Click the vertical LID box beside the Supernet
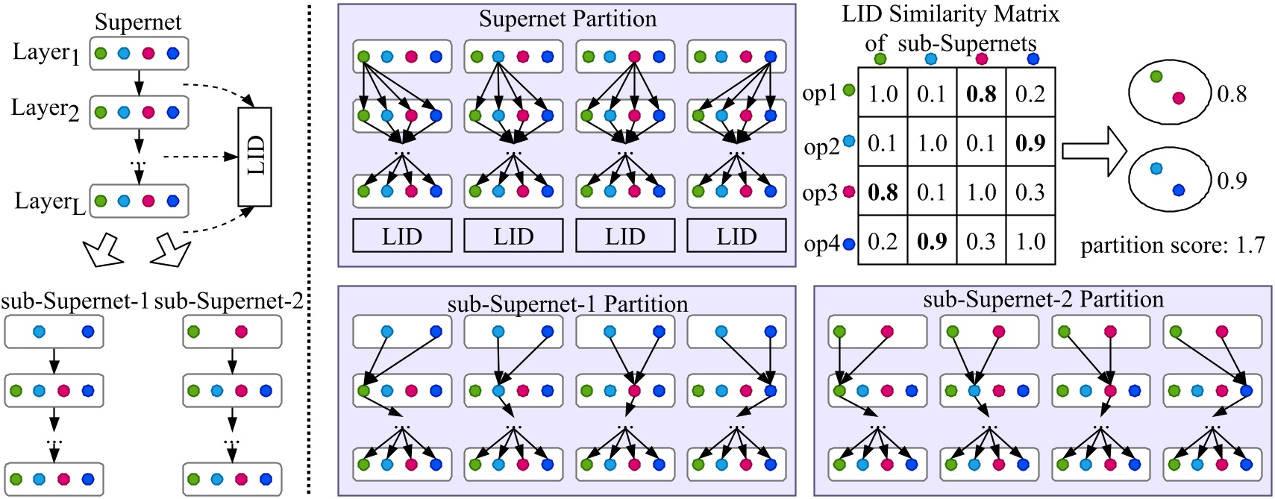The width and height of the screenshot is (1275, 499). (254, 157)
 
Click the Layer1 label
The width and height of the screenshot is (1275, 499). (46, 53)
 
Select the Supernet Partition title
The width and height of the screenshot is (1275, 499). (568, 19)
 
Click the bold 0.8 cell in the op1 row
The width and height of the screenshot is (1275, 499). (981, 94)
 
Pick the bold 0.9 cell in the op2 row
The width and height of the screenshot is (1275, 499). (1030, 142)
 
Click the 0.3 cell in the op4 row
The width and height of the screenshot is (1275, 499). (981, 241)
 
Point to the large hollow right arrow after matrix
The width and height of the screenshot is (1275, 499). (1094, 151)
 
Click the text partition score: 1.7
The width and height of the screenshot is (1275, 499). (1172, 245)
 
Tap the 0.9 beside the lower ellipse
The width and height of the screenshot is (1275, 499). (1232, 181)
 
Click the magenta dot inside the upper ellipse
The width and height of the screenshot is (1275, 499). (1178, 98)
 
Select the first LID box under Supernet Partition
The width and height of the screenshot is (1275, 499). (402, 236)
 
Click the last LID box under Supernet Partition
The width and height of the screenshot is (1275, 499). (736, 236)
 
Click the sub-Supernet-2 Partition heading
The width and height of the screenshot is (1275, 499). (1043, 299)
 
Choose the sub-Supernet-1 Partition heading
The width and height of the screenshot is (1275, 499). (567, 304)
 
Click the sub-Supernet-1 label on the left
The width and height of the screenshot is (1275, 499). (75, 301)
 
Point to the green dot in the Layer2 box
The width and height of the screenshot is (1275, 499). (101, 113)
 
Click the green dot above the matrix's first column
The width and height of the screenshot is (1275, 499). (880, 58)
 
